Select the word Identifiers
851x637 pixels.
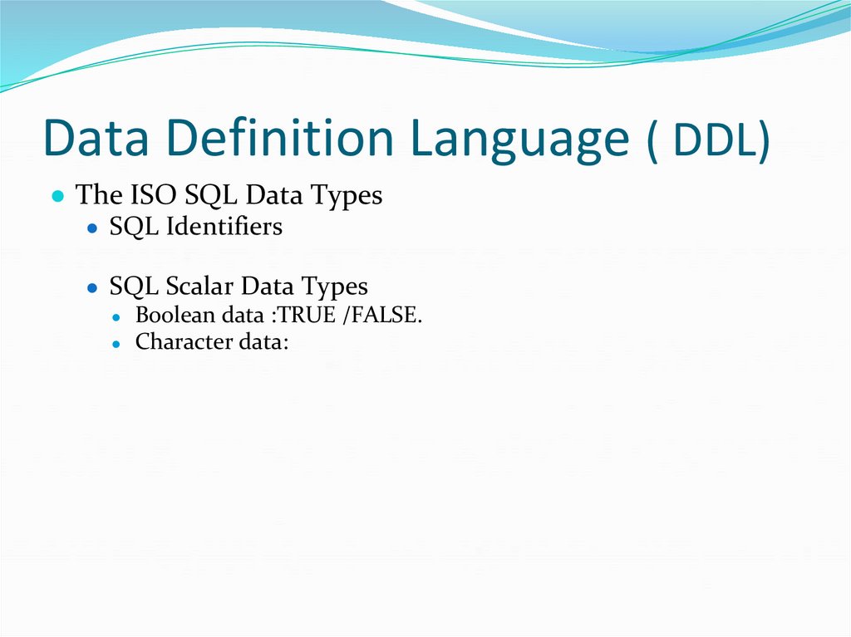point(224,227)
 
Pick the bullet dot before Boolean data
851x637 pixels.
point(119,317)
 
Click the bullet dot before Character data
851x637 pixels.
point(119,343)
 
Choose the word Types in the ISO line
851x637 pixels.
point(347,197)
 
